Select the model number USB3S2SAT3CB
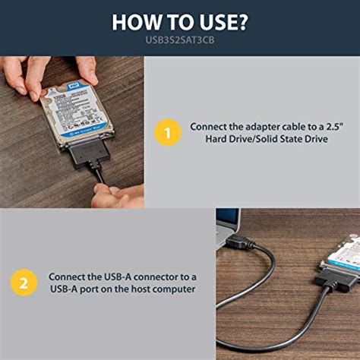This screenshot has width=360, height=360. tap(180, 40)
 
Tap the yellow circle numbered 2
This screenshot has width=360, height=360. tap(24, 283)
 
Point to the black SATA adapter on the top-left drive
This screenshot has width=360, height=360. tap(89, 156)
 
